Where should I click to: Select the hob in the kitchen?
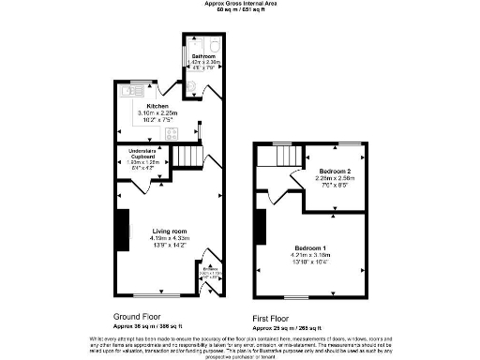[172, 133]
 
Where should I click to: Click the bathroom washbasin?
[191, 89]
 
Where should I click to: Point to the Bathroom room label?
[204, 56]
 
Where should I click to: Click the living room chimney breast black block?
[121, 231]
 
